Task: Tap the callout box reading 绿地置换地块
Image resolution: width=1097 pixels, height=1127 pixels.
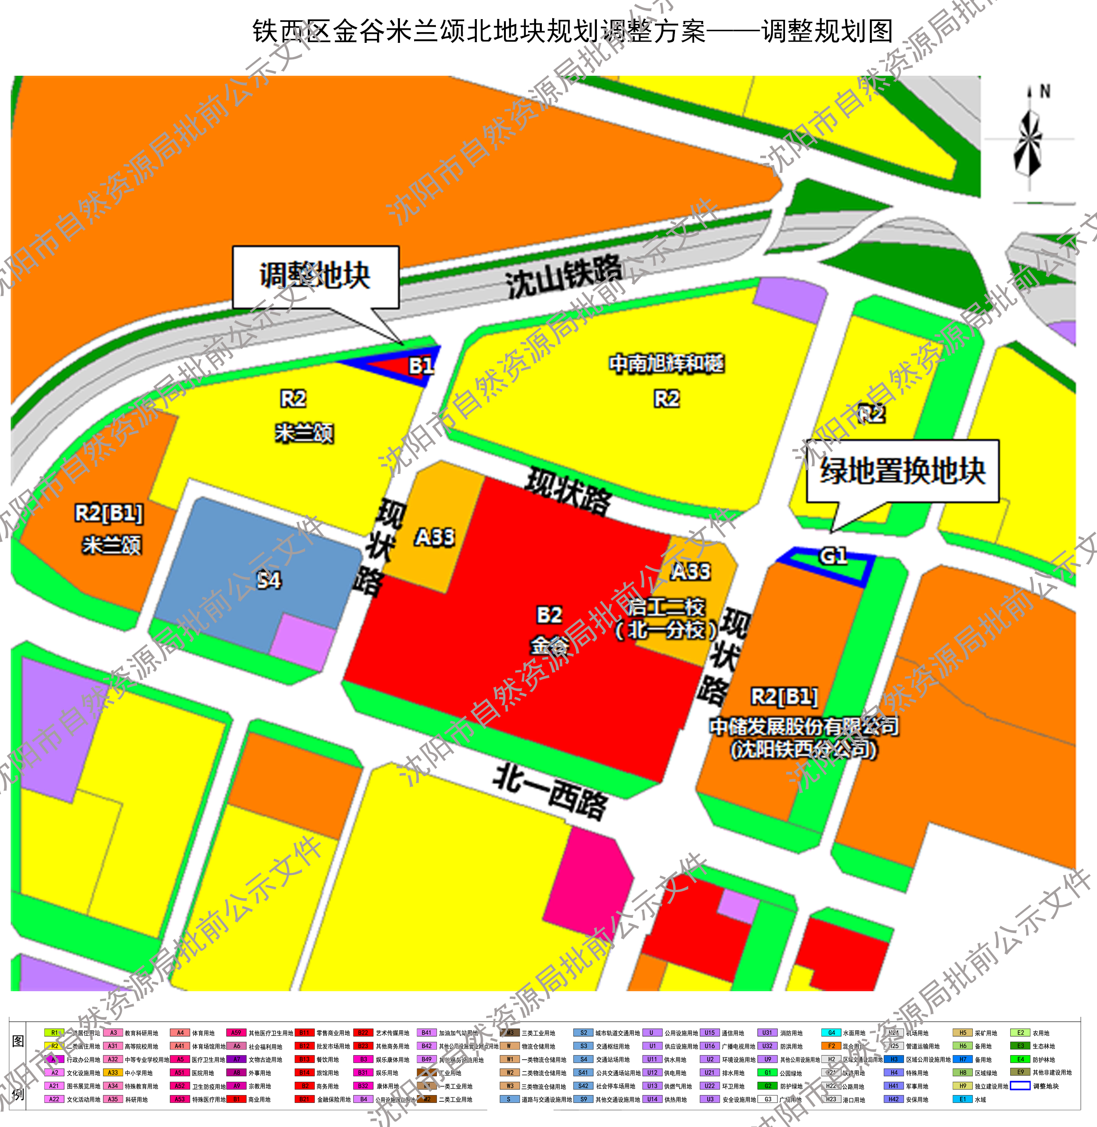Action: point(902,471)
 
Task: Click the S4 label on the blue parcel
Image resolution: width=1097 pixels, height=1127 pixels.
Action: point(268,579)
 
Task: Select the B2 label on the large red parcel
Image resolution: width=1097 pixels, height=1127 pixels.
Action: point(549,615)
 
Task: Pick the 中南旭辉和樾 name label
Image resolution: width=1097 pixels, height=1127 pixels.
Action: point(666,364)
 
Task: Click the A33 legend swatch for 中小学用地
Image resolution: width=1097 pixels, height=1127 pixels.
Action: point(113,1073)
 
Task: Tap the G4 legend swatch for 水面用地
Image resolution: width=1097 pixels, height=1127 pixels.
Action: point(831,1033)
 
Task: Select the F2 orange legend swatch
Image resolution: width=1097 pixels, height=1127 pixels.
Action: point(831,1046)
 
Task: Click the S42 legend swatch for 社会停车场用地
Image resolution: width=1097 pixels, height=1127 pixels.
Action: point(583,1086)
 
